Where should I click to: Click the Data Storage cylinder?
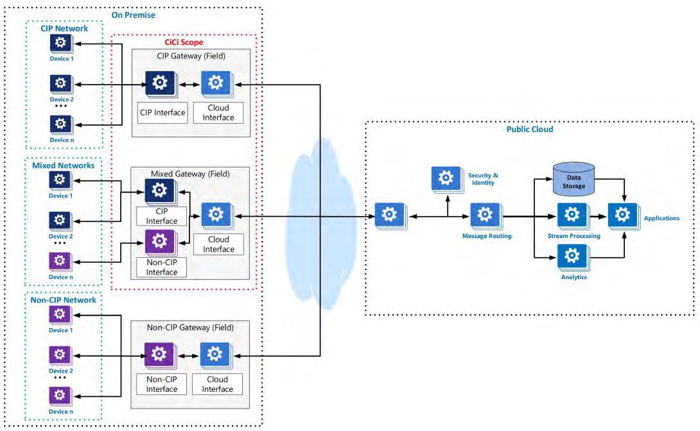[x=573, y=179]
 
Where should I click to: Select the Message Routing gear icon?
[x=486, y=216]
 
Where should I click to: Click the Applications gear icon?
[x=624, y=216]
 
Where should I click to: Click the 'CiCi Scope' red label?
[x=184, y=42]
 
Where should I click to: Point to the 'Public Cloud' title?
[x=529, y=130]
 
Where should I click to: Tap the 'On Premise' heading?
[x=134, y=15]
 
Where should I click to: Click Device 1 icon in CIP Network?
[x=61, y=44]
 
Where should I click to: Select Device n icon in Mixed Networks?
[x=60, y=261]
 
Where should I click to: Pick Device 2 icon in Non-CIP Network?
[x=60, y=355]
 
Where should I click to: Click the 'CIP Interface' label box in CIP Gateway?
[x=162, y=113]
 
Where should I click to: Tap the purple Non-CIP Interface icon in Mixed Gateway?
[x=161, y=242]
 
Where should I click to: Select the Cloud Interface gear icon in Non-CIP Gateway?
[x=216, y=355]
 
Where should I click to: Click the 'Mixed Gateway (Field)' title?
[x=190, y=174]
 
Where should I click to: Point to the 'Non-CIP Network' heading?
[x=64, y=300]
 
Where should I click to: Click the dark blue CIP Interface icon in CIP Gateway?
[x=161, y=83]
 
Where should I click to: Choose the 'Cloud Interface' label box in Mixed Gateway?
[x=219, y=244]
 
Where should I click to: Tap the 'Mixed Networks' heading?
[x=64, y=165]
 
